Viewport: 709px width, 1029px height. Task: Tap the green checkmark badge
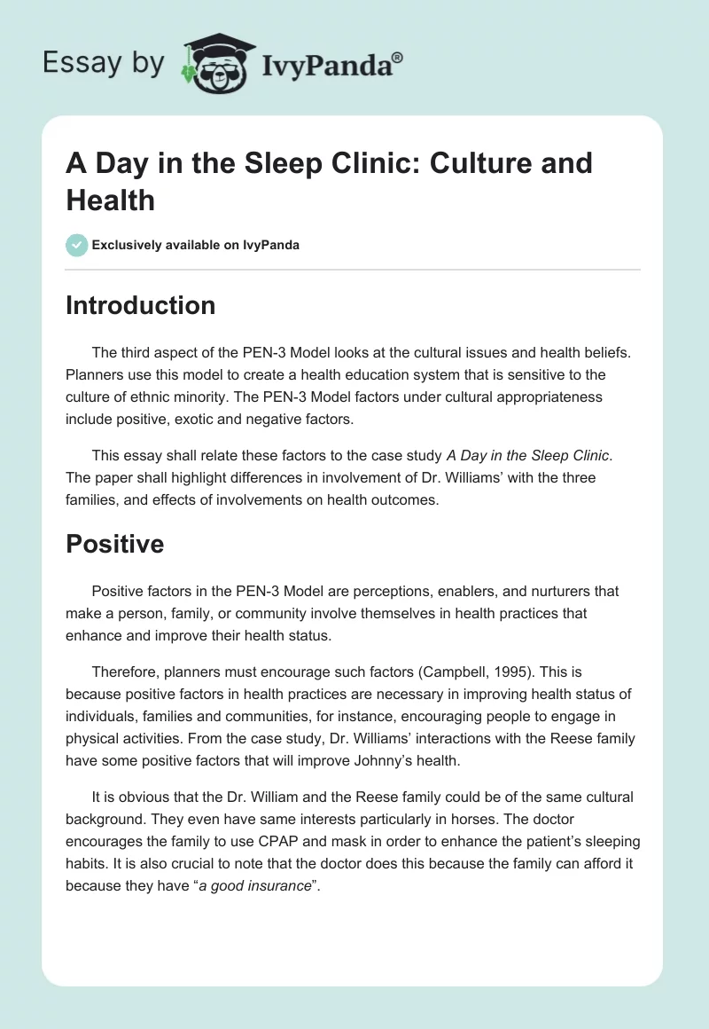[x=77, y=245]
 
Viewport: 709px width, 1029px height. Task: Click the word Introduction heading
[x=140, y=305]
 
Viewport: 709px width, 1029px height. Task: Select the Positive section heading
[x=115, y=543]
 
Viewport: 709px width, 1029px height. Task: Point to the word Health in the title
[x=111, y=200]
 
